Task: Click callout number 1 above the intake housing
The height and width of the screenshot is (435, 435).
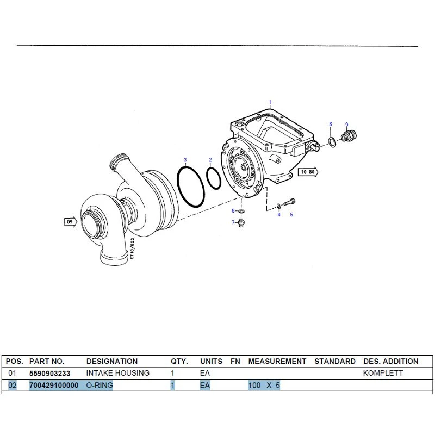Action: tap(270, 102)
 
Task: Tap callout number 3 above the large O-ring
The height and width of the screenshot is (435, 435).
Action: tap(185, 160)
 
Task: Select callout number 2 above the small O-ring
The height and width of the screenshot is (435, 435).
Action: tap(210, 160)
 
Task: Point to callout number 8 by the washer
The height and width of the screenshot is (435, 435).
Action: tap(331, 124)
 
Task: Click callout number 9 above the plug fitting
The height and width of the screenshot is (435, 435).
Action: tap(347, 125)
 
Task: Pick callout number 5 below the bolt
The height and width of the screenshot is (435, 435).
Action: tap(291, 214)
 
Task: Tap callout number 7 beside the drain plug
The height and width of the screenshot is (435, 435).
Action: tap(233, 222)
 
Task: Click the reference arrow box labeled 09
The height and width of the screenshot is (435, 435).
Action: tap(71, 222)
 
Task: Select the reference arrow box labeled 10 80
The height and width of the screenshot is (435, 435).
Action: tap(308, 172)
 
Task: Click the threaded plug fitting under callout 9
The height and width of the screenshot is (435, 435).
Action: tap(349, 136)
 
